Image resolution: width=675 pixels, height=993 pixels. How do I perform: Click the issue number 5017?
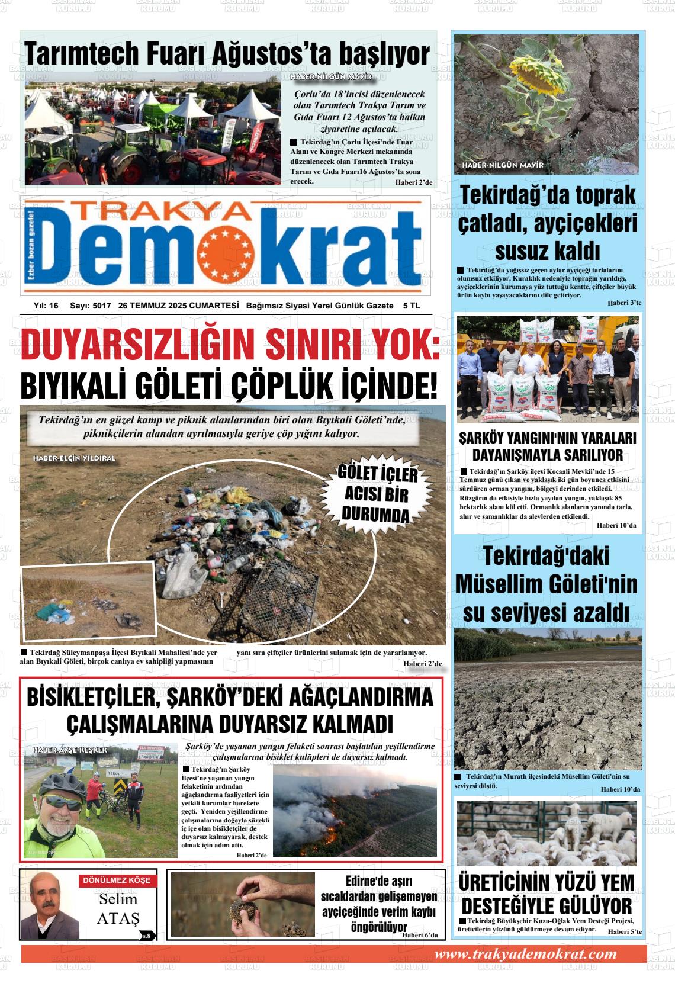pos(99,306)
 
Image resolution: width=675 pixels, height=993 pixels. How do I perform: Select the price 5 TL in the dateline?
pos(411,306)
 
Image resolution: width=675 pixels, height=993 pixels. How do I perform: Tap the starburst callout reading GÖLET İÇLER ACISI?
pos(377,494)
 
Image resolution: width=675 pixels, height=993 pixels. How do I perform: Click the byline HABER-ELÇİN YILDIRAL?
pos(74,458)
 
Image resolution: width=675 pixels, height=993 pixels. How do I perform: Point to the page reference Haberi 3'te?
pos(623,303)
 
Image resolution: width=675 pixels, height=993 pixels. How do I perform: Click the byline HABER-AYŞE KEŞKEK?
pos(70,750)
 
